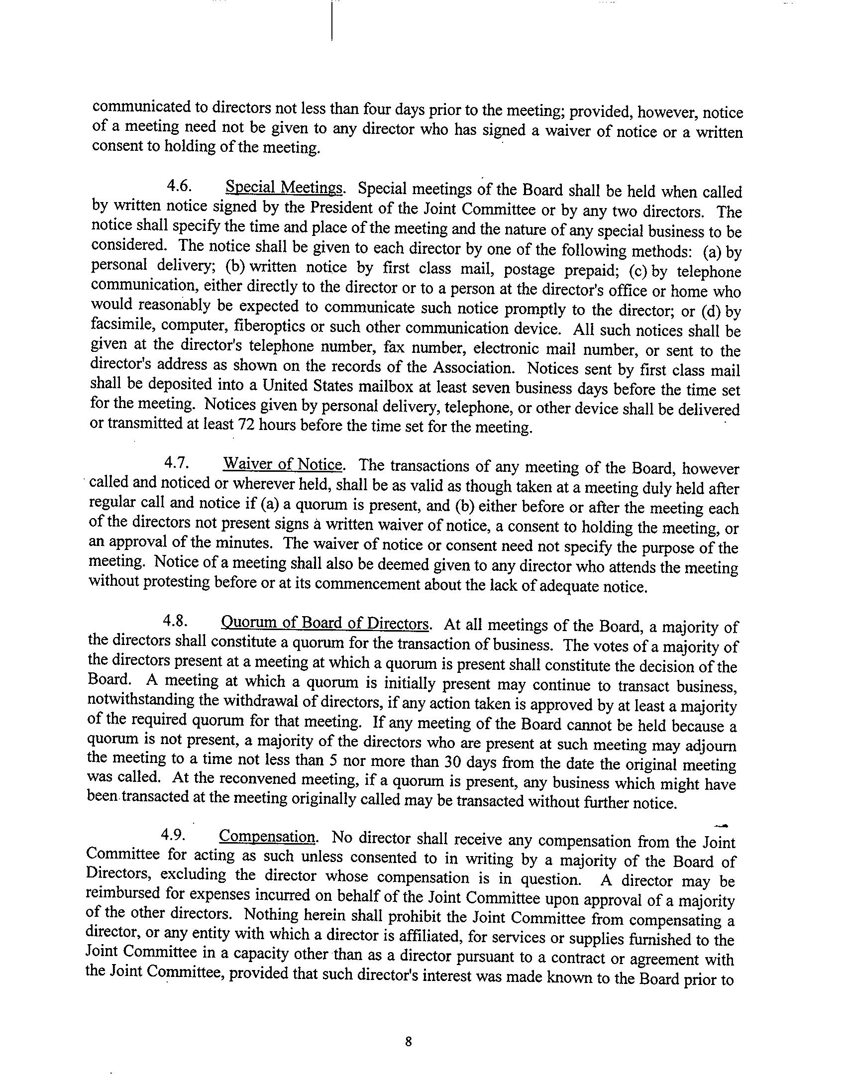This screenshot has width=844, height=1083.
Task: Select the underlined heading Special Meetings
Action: [x=284, y=188]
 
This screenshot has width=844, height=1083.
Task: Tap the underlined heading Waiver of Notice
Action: [x=283, y=464]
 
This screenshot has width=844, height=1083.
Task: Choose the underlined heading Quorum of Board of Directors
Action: [x=325, y=623]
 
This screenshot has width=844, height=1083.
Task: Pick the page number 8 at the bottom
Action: [x=409, y=1027]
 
